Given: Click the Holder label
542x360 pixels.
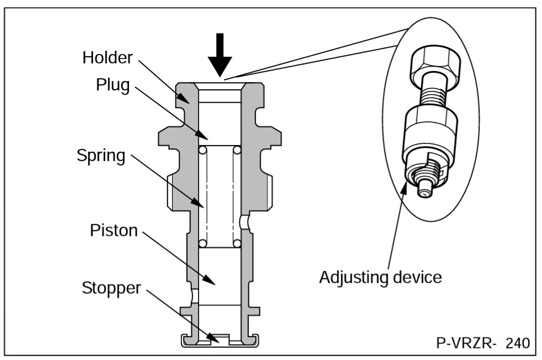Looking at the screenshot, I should click(x=108, y=57).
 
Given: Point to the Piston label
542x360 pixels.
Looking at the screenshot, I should click(x=113, y=230).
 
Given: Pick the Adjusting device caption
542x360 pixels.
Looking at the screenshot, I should click(x=380, y=276).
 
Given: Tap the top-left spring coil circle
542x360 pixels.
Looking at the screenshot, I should click(x=202, y=150).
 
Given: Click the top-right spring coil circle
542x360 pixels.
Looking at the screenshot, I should click(x=237, y=150).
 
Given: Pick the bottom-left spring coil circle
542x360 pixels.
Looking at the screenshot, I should click(x=202, y=243).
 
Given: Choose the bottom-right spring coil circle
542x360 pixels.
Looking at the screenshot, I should click(x=237, y=243).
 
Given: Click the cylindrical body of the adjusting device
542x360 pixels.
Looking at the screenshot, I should click(x=430, y=132).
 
